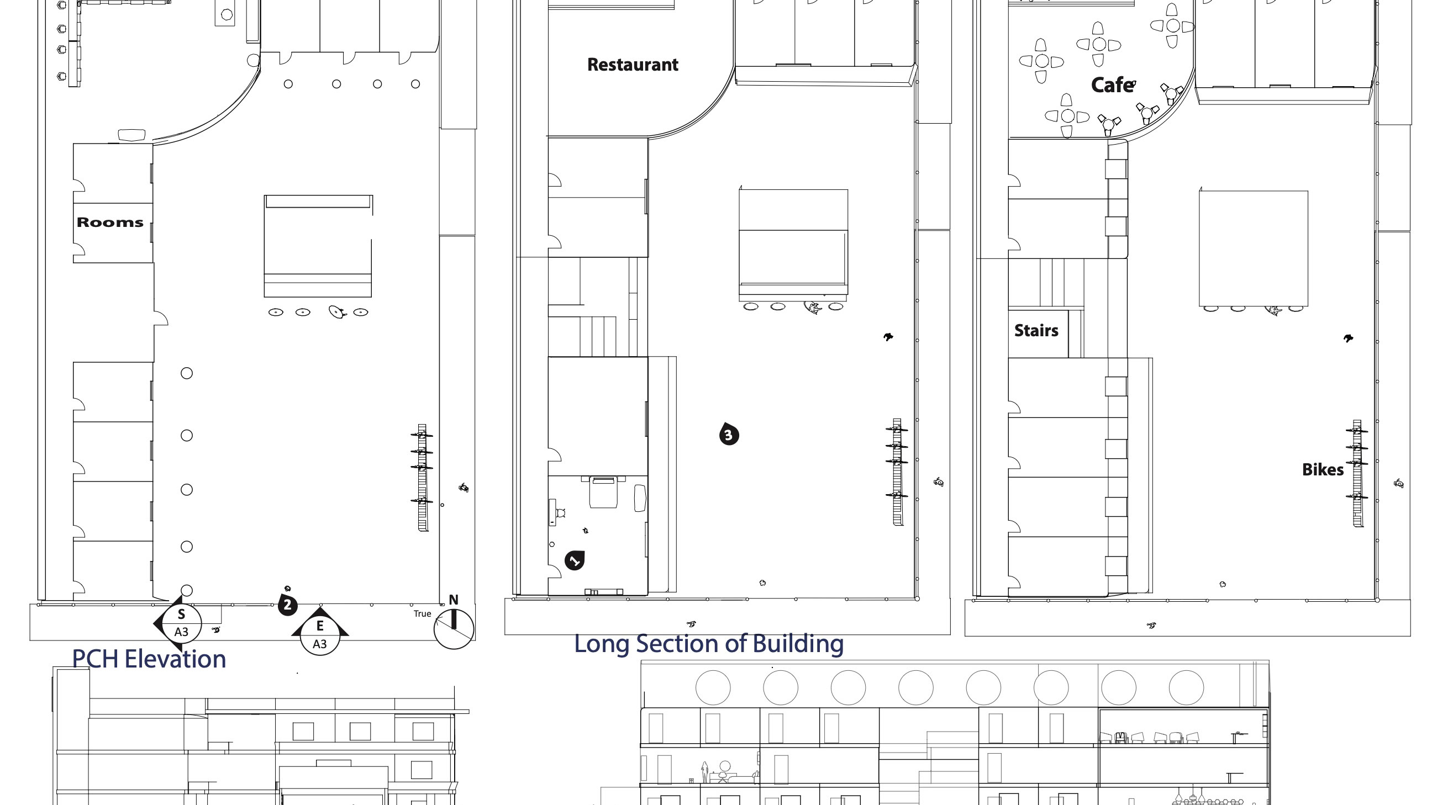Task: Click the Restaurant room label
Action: click(x=633, y=65)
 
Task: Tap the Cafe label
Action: click(x=1113, y=85)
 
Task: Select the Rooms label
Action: click(x=109, y=222)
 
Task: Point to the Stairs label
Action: click(x=1036, y=331)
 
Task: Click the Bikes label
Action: click(x=1323, y=469)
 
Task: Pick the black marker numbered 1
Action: click(x=574, y=560)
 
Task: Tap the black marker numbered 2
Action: click(x=287, y=605)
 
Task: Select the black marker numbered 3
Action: click(x=729, y=435)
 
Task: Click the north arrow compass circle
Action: click(x=454, y=629)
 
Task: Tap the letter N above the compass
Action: click(x=454, y=600)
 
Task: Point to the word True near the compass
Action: click(x=423, y=614)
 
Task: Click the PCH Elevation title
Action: click(x=149, y=659)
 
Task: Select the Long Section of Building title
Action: click(x=709, y=643)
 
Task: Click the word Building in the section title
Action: click(x=798, y=643)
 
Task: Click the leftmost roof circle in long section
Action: click(x=713, y=688)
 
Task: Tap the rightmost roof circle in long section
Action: click(x=1186, y=688)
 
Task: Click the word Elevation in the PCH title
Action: click(x=175, y=659)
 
